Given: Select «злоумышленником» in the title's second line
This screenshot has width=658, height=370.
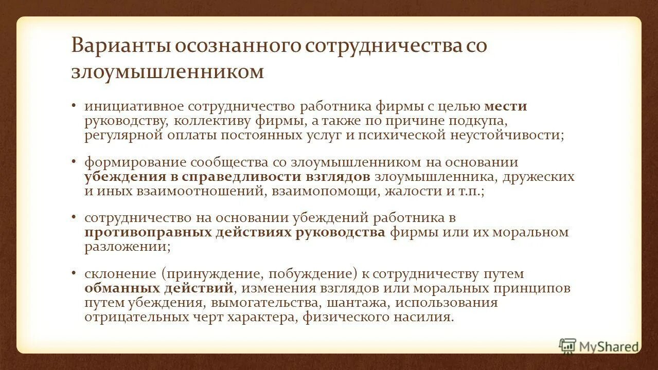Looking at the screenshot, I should [167, 71].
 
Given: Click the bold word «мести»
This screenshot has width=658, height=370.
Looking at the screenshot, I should [506, 106].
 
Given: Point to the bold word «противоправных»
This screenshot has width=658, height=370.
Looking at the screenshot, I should [149, 232].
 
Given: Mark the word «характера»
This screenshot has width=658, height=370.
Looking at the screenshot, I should [259, 317].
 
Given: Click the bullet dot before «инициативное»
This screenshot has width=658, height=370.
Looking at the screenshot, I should [74, 105].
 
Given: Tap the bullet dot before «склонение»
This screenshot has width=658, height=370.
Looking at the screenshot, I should [74, 273].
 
